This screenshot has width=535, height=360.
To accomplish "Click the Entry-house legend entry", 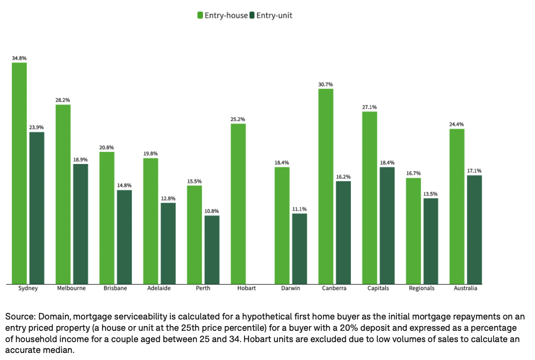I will [222, 16].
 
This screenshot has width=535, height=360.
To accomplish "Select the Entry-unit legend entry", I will [271, 16].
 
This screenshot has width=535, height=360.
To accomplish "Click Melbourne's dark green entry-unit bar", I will [81, 224].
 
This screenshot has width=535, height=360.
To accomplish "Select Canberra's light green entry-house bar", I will [326, 186].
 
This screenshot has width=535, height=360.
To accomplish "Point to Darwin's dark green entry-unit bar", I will [300, 248].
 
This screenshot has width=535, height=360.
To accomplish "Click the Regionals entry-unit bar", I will [430, 241].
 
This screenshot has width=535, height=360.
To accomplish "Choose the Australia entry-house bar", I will [457, 206].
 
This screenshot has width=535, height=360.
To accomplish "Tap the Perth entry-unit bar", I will [212, 249].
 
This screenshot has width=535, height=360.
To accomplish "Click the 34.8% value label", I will [19, 58].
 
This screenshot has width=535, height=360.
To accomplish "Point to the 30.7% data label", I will [326, 84].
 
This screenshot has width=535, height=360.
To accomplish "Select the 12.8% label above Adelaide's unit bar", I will [168, 198].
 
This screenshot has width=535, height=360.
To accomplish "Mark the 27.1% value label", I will [370, 107].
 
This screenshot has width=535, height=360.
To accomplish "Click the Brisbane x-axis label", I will [115, 288].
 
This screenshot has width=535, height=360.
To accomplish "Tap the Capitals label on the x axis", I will [378, 288].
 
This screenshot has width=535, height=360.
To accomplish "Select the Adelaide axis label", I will [159, 288].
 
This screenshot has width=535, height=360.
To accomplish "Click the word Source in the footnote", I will [19, 316].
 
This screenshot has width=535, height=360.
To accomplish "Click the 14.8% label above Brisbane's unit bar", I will [124, 186].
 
